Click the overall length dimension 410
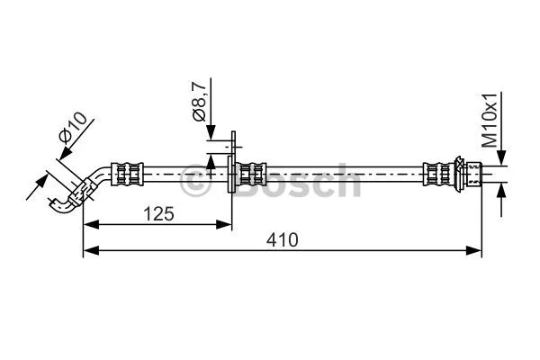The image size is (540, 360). tap(282, 239)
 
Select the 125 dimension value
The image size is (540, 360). tap(157, 213)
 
